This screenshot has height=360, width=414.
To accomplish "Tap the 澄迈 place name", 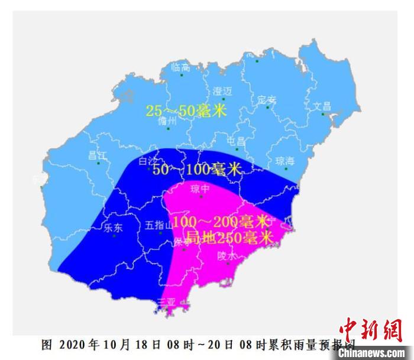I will [x=222, y=91].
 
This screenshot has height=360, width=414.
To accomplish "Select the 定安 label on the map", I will [x=267, y=100].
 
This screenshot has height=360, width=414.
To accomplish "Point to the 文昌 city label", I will [x=322, y=106].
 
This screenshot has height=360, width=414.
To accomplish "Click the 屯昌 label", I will [x=237, y=141].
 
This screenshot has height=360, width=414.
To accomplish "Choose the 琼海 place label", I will [x=285, y=161].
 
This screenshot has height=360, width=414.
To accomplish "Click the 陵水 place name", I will [x=227, y=257].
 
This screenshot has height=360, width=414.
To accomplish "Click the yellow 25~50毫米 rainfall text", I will [x=186, y=111].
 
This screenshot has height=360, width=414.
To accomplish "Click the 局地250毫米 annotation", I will [x=229, y=238].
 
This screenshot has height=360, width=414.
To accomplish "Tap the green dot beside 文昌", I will [x=323, y=114].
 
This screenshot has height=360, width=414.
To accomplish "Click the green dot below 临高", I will [x=182, y=75].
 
